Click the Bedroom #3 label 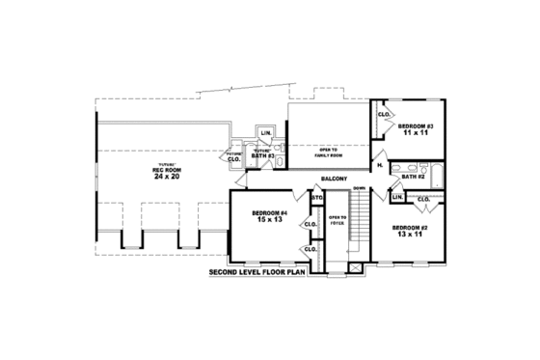coord(417,127)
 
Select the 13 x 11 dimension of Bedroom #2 coord(408,235)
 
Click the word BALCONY coord(334,180)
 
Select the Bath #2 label coord(414,177)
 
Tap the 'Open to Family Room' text coord(328,152)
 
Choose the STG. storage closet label coord(315,198)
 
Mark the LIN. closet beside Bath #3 coord(265,133)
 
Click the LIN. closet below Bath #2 coord(397,197)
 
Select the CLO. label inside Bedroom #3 coord(383,115)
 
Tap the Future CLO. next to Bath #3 coord(233,156)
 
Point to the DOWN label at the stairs coord(358,187)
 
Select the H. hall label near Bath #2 coord(380,166)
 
